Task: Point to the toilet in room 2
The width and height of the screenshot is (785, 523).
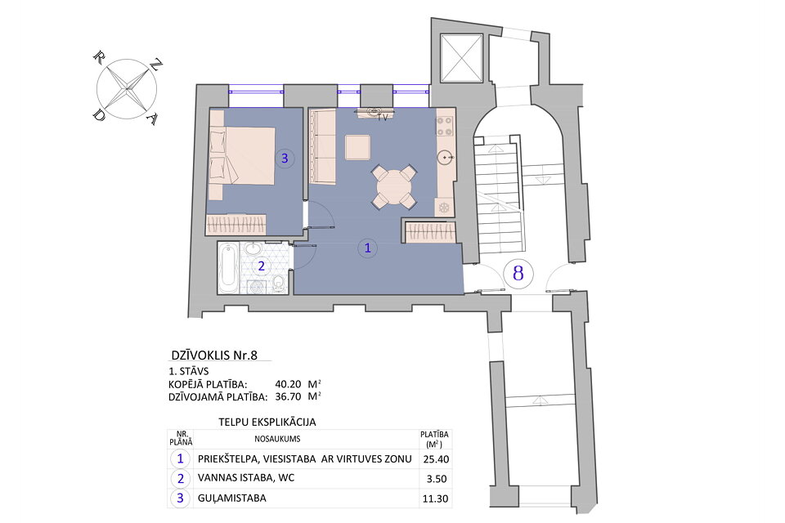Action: [278, 283]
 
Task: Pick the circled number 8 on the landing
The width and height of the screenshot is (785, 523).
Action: [518, 272]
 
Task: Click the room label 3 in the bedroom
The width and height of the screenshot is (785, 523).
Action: [285, 159]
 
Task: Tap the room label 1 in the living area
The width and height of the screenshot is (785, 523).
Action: [368, 248]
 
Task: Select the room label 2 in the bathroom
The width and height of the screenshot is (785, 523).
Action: [262, 266]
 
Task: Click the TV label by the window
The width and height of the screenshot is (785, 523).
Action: [382, 118]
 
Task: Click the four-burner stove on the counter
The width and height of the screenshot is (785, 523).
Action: [446, 126]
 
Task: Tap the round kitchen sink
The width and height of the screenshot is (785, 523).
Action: [446, 157]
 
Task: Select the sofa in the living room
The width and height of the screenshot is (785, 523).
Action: [322, 147]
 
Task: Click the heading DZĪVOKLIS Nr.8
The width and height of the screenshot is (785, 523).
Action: [218, 355]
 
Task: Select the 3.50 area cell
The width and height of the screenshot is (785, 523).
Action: [434, 479]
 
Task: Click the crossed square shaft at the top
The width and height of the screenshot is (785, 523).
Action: [462, 58]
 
